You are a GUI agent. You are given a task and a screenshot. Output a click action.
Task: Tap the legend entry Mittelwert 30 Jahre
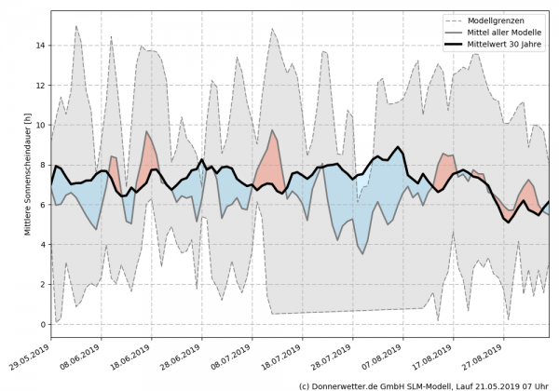(x=504, y=46)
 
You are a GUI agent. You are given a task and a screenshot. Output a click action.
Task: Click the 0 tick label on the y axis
(x=41, y=324)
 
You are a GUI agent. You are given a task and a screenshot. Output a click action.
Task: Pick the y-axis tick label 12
(x=38, y=86)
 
